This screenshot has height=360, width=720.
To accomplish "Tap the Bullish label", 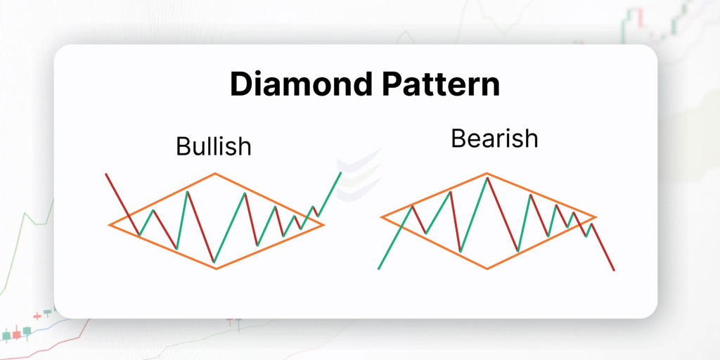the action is (x=214, y=146).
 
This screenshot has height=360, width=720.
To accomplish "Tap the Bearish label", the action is (x=494, y=139).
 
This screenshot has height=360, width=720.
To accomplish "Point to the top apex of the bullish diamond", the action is (x=215, y=174).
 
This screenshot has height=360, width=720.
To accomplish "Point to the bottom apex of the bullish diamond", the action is (x=216, y=268).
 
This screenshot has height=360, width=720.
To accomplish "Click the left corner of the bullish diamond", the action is (x=109, y=225).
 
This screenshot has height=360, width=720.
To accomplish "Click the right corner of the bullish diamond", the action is (x=323, y=224).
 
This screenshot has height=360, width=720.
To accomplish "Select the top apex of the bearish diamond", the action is (x=487, y=174).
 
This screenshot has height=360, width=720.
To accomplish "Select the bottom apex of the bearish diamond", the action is (x=487, y=268).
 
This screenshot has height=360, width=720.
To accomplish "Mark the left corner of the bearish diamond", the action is (x=381, y=217).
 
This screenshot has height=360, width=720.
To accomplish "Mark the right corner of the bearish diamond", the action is (x=596, y=217).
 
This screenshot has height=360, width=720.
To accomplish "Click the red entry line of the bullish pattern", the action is (x=122, y=205).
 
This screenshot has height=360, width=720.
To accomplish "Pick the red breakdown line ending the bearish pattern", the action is (x=603, y=247).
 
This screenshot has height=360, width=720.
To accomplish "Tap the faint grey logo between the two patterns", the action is (x=359, y=174).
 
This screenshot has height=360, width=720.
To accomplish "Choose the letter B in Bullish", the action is (x=184, y=146).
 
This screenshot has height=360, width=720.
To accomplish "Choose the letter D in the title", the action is (x=242, y=84).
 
